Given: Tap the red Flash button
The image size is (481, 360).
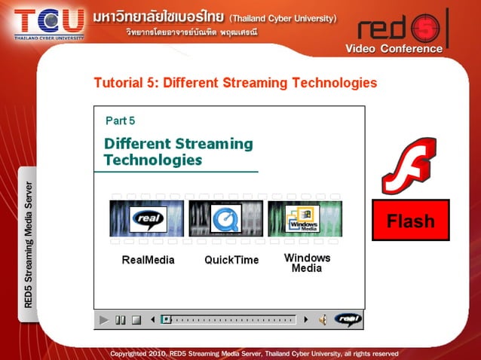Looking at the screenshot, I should [x=410, y=221].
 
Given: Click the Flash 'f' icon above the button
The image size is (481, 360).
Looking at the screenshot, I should [x=409, y=165].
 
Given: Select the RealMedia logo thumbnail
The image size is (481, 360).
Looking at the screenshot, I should [x=146, y=219].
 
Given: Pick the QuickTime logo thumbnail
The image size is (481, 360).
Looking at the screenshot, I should [x=225, y=219].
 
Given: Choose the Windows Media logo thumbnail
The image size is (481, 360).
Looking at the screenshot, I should [x=305, y=219].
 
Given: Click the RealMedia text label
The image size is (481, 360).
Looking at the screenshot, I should [x=148, y=260].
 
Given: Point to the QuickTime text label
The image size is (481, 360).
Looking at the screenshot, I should [x=231, y=260].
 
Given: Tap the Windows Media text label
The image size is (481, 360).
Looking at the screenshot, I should [x=307, y=262].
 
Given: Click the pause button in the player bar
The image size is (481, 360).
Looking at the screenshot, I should [x=120, y=320].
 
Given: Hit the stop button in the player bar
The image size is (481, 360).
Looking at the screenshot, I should [x=136, y=320].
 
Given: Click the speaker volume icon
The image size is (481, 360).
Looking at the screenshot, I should [x=322, y=320].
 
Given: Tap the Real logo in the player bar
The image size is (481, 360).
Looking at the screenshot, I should [x=348, y=320].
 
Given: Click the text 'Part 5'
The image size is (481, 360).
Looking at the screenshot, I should [x=120, y=121].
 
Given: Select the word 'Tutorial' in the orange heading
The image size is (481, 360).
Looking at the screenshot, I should [x=119, y=83].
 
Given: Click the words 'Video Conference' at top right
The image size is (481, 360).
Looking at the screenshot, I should [x=394, y=49].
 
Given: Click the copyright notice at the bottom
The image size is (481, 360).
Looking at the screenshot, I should [x=254, y=352].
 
